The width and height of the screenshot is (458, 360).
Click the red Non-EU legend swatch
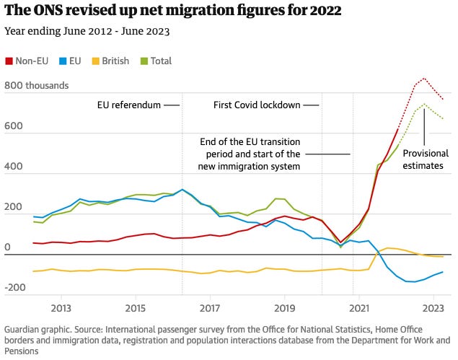(9, 61)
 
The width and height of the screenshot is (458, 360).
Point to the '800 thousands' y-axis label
(36, 86)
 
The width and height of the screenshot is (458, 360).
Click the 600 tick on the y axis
(13, 126)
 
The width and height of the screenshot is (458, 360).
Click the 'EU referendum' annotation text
(129, 105)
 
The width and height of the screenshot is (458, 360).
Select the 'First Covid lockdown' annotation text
(257, 105)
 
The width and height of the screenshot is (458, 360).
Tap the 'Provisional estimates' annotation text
(426, 159)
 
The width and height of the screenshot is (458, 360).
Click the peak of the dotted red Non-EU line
(424, 78)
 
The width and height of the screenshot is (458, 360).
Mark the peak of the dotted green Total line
(424, 104)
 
